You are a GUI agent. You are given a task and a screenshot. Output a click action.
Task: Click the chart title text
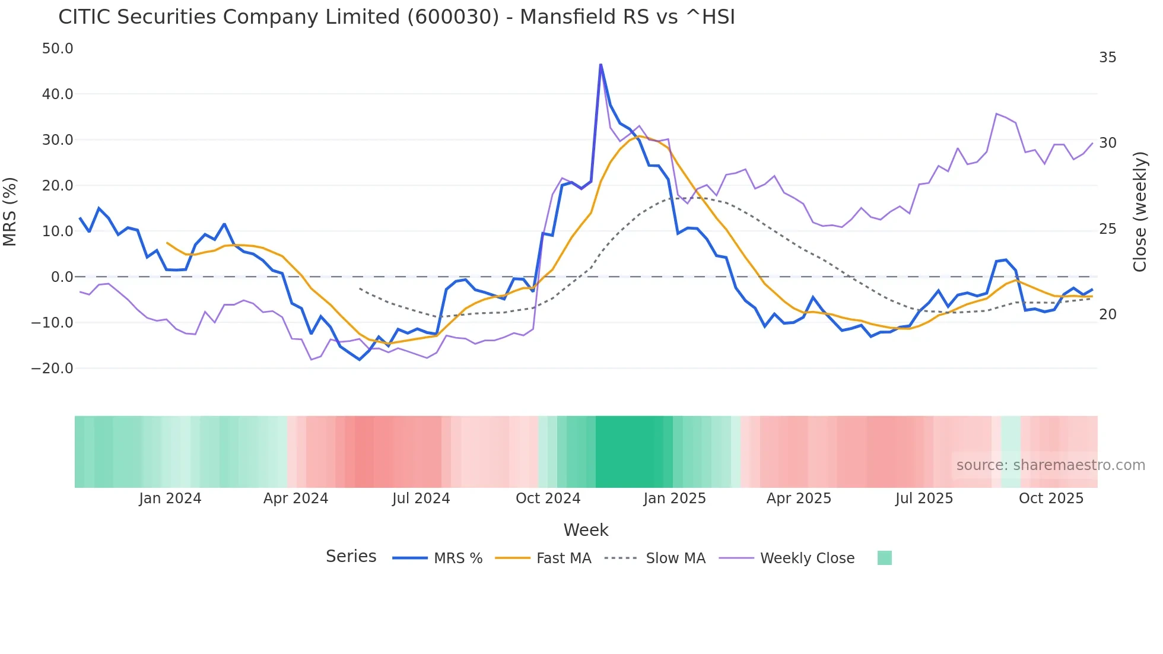pyautogui.click(x=396, y=17)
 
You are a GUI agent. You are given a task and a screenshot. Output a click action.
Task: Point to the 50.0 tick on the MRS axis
pyautogui.click(x=58, y=49)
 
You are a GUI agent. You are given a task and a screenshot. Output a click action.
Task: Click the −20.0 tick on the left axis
pyautogui.click(x=52, y=369)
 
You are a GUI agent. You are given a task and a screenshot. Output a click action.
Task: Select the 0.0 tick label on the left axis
pyautogui.click(x=62, y=277)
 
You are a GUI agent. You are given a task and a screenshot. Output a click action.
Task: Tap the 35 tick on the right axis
pyautogui.click(x=1107, y=58)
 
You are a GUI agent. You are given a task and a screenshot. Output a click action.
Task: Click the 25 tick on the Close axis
pyautogui.click(x=1107, y=229)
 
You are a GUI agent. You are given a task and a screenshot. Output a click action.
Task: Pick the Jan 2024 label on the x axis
pyautogui.click(x=170, y=499)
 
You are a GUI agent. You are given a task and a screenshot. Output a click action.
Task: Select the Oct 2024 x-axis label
pyautogui.click(x=548, y=499)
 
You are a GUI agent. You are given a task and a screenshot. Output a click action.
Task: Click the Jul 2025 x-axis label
pyautogui.click(x=924, y=499)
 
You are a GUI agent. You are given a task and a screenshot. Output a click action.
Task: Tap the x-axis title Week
pyautogui.click(x=586, y=530)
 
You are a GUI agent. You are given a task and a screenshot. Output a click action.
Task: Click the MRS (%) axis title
pyautogui.click(x=10, y=212)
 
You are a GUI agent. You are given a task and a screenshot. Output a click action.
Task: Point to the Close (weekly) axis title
pyautogui.click(x=1139, y=212)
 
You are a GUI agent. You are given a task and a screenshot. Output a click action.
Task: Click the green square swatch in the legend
pyautogui.click(x=884, y=558)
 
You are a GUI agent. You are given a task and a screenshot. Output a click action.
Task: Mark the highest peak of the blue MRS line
pyautogui.click(x=600, y=64)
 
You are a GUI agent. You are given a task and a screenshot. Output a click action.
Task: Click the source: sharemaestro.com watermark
pyautogui.click(x=1050, y=465)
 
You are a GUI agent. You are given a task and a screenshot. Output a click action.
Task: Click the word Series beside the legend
pyautogui.click(x=351, y=557)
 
